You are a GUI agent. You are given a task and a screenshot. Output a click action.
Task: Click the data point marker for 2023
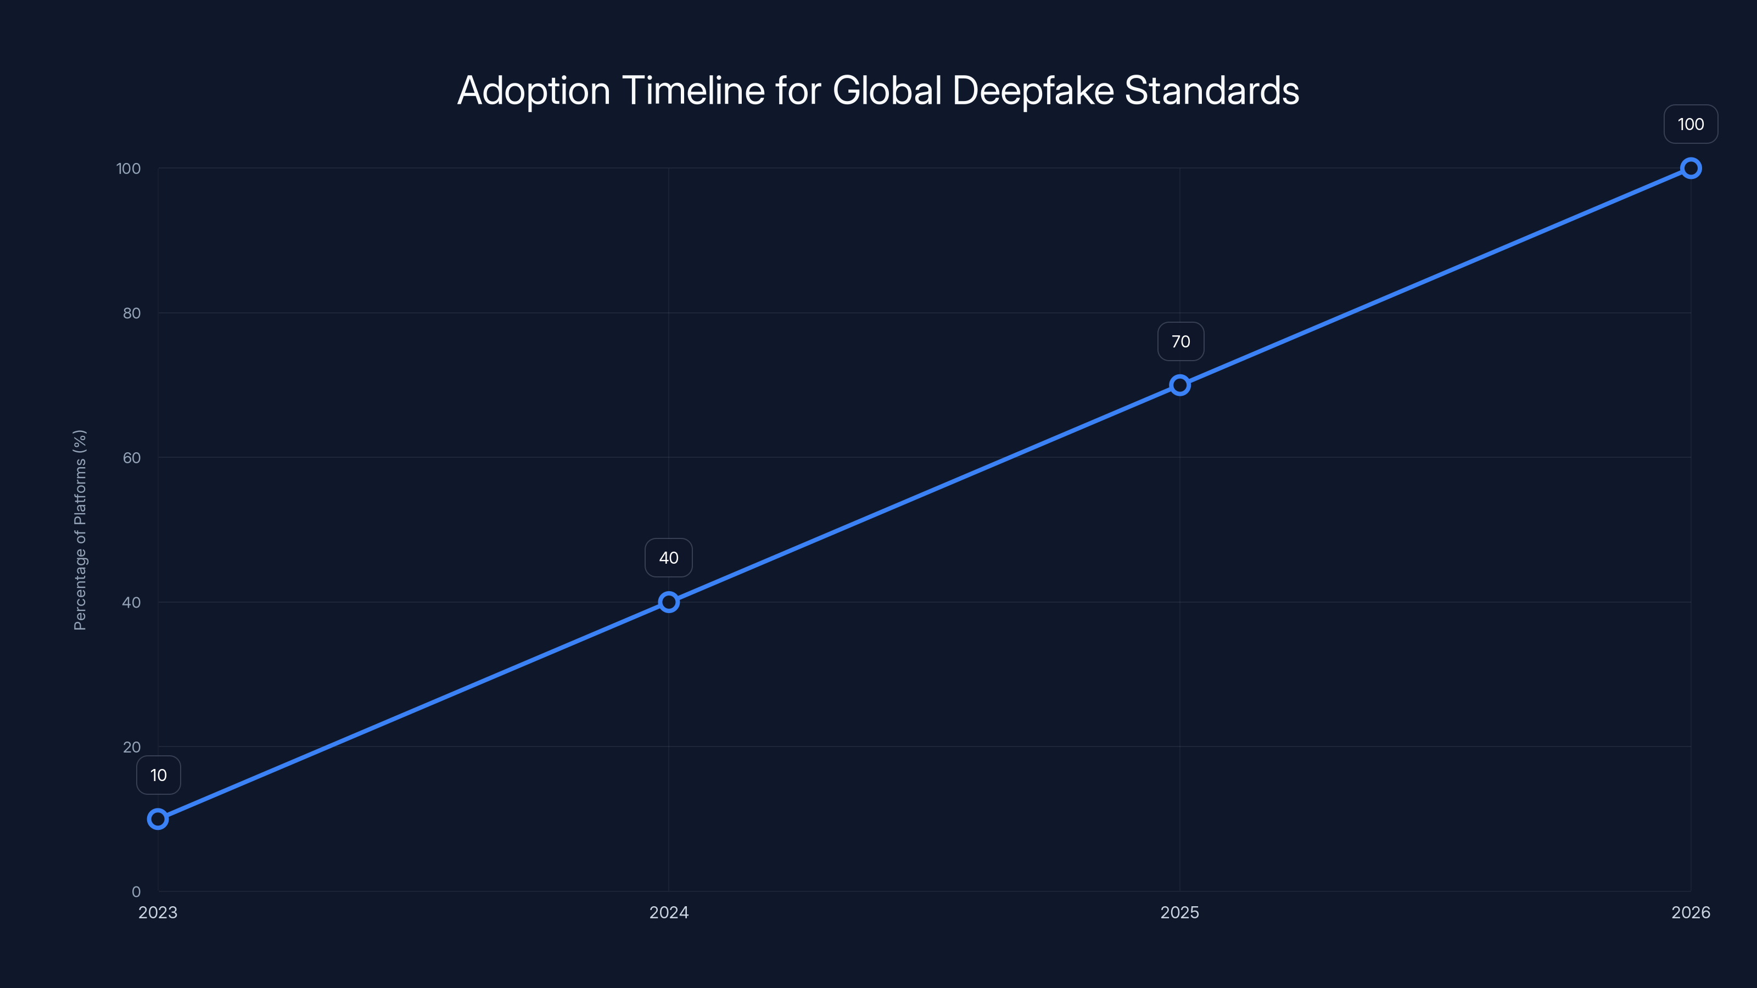(158, 819)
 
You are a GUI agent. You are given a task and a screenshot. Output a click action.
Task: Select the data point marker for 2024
(668, 602)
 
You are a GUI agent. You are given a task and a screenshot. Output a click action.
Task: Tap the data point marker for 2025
(1180, 385)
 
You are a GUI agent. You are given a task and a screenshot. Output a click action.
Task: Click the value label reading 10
(158, 775)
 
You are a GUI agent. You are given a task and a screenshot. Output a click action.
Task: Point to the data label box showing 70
(1180, 341)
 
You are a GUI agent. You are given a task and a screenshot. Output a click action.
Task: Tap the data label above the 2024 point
(668, 558)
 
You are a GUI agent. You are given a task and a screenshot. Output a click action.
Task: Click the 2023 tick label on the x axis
(158, 912)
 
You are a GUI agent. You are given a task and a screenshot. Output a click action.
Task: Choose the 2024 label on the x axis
(668, 912)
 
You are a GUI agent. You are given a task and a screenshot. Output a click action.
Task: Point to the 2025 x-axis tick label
(1180, 912)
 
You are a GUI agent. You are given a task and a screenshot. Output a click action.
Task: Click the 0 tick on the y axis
(136, 891)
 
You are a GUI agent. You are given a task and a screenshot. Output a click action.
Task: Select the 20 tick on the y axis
(132, 746)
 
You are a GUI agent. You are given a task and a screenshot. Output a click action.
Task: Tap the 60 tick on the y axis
(132, 458)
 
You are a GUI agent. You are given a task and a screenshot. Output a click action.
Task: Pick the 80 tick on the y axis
(132, 313)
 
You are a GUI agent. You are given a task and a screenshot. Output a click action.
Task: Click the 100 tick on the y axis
(128, 169)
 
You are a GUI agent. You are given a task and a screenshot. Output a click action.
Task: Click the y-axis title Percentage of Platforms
(80, 530)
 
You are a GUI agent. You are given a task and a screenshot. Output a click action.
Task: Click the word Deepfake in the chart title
(1033, 91)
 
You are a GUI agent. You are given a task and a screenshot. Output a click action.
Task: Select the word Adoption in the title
(533, 91)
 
